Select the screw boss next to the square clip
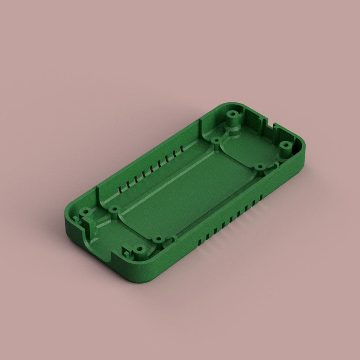click(x=139, y=249)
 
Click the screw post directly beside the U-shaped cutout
click(x=86, y=211)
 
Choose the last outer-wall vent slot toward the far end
click(x=260, y=197)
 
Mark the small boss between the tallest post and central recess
click(x=216, y=140)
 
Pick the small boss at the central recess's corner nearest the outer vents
click(x=259, y=167)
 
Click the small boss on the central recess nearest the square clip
click(x=157, y=240)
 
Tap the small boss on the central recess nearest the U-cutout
click(x=114, y=209)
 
